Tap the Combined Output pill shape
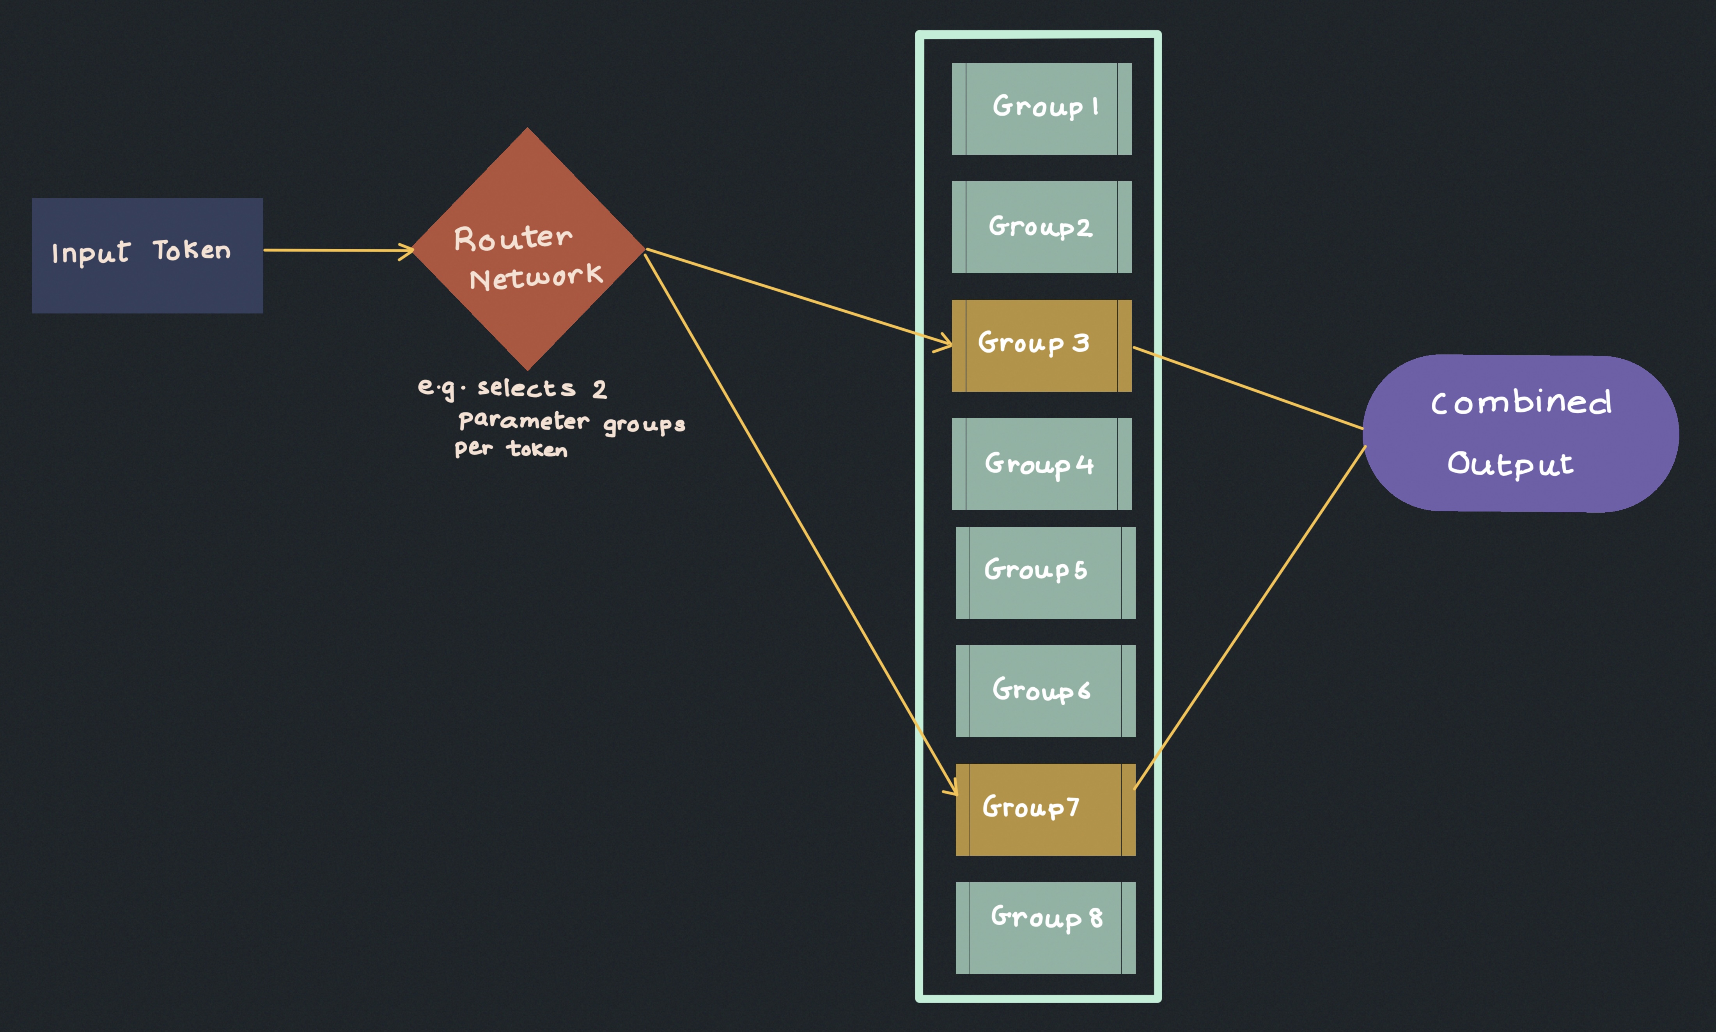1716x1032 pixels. (1521, 433)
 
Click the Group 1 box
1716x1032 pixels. (1041, 109)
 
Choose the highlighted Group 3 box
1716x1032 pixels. (1041, 345)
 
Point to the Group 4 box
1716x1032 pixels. (1041, 464)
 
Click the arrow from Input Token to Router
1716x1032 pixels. (337, 250)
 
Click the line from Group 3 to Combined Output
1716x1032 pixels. (1248, 388)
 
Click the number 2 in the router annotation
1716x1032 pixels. (599, 389)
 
